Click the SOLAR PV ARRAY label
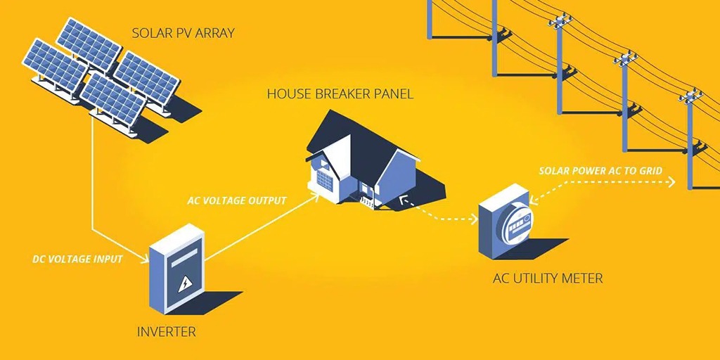(184, 33)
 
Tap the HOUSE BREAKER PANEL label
(340, 94)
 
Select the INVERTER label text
(165, 330)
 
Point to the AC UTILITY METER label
(548, 278)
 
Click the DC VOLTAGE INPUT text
(77, 259)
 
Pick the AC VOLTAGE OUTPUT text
(237, 201)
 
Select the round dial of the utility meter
(514, 225)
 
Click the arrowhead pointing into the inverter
(146, 259)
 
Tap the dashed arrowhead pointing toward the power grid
(671, 183)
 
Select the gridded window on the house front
(324, 180)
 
